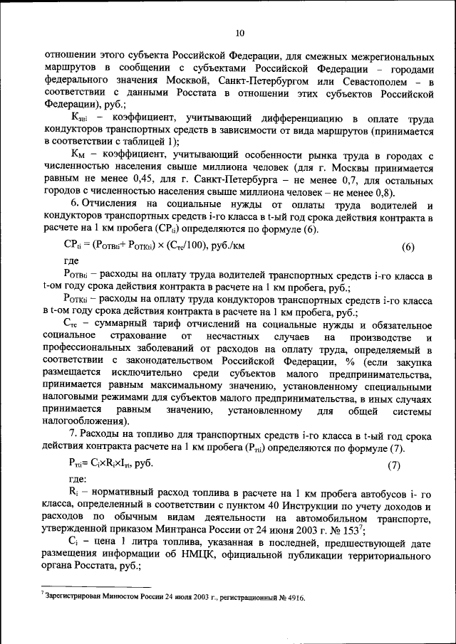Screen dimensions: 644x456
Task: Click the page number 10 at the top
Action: (x=240, y=32)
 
